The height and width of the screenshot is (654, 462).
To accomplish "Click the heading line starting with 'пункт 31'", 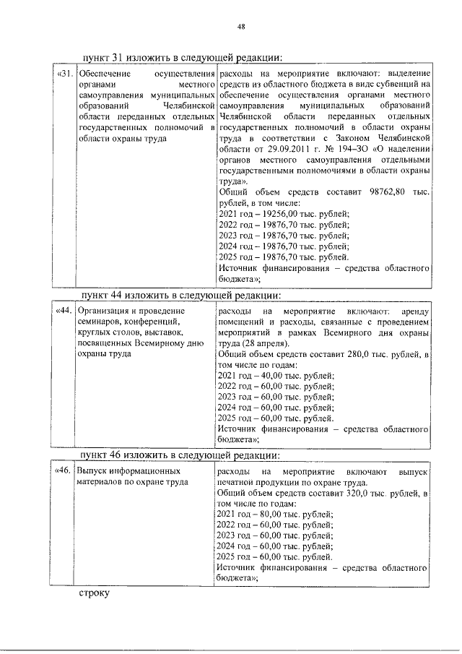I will click(180, 59).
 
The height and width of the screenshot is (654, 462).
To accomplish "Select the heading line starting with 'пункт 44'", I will click(180, 295).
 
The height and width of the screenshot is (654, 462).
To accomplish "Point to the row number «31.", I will click(64, 74).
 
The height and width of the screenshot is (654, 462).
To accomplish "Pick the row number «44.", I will click(64, 311).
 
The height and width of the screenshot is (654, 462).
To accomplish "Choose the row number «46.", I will click(64, 470).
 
